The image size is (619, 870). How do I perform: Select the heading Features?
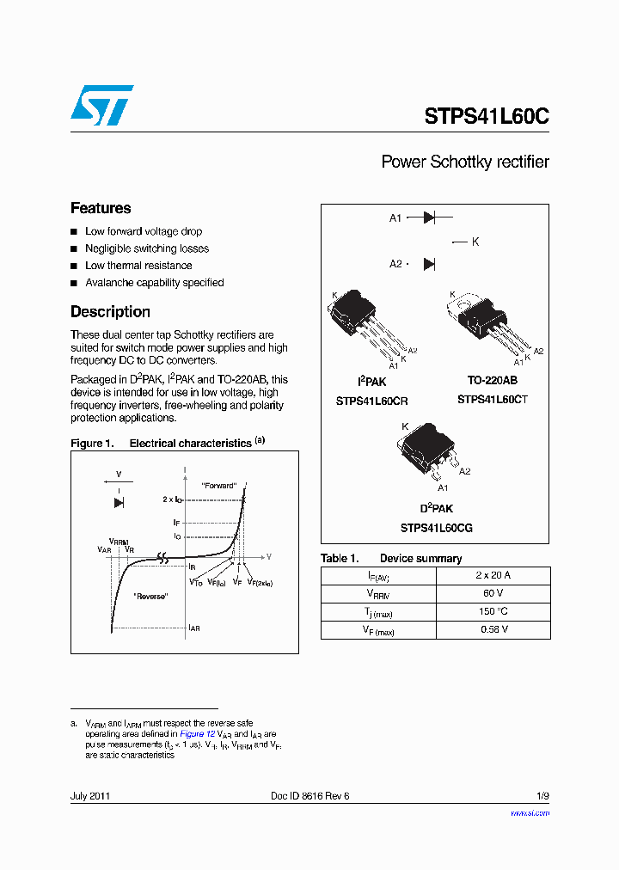tap(101, 208)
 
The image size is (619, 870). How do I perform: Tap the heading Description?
tap(110, 312)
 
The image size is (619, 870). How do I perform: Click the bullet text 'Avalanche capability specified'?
tap(154, 283)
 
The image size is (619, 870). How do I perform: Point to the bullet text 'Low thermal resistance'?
tap(138, 266)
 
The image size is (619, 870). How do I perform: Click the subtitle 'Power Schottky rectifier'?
tap(464, 162)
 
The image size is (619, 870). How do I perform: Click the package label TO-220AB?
tap(492, 380)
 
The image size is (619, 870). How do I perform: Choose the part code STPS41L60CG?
tap(436, 528)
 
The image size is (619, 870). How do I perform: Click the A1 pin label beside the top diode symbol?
tap(395, 218)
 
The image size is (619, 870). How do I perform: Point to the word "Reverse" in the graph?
tap(150, 596)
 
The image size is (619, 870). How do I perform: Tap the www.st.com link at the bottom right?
tap(530, 812)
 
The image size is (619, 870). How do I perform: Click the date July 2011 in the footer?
tap(89, 796)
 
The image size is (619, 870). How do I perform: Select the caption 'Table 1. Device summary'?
tap(391, 559)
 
